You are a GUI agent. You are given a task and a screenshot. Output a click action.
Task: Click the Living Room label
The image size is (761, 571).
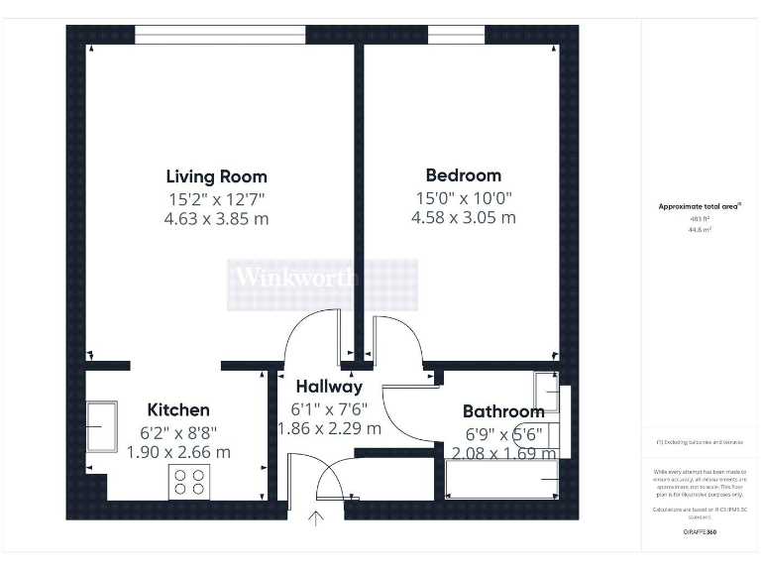coord(216,176)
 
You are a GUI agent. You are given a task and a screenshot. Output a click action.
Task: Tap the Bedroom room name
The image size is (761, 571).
coord(464,175)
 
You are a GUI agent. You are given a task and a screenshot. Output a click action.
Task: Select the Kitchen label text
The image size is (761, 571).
coord(178,409)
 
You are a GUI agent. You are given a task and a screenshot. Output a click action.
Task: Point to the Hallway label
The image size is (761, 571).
coord(329,387)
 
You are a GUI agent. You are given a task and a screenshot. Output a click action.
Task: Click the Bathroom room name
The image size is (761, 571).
coord(503,411)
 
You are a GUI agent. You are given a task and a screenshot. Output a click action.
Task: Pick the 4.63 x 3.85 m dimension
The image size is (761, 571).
coord(216,218)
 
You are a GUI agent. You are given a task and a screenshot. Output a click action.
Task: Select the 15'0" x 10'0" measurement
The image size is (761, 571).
coord(464,197)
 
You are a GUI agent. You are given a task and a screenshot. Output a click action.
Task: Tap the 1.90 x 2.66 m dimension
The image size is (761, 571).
coord(178,452)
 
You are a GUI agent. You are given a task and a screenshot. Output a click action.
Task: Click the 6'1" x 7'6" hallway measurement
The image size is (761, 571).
coord(329,408)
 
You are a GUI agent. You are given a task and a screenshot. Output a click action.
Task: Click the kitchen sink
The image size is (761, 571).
coord(102,426)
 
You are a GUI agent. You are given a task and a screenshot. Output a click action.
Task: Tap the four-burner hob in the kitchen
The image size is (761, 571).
coord(189,482)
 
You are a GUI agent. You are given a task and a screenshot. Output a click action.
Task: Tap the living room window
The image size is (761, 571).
coord(220,35)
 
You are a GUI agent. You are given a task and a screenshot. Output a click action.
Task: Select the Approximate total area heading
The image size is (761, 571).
coord(700,207)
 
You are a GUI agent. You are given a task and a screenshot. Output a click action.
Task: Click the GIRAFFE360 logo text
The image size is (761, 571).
coord(700,533)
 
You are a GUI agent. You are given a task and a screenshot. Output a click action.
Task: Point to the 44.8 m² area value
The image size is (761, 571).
coord(700,228)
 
